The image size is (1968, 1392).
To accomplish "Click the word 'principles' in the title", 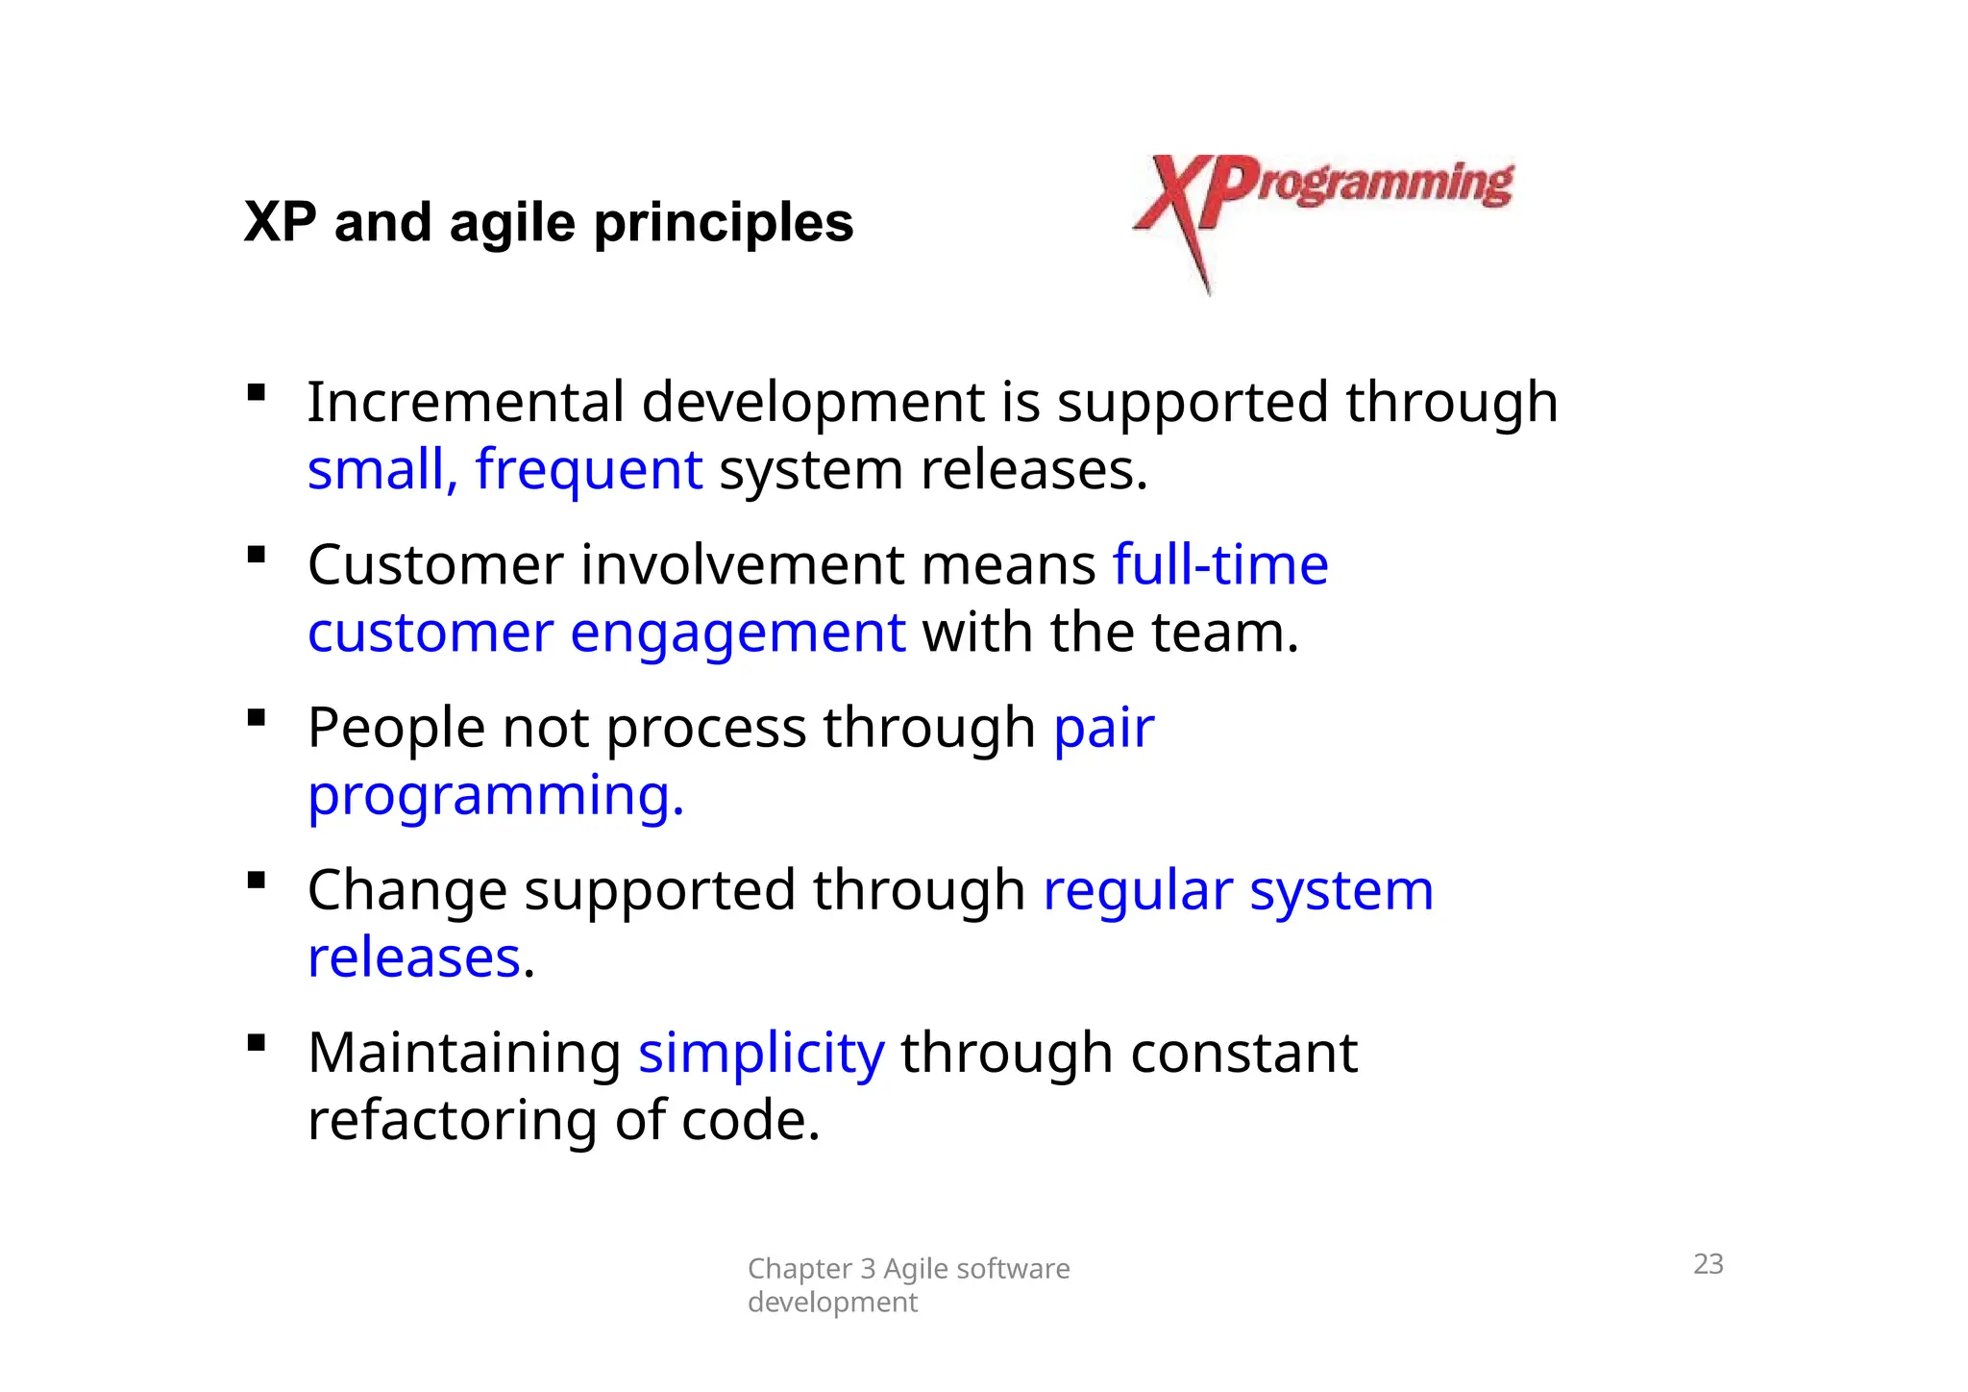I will pyautogui.click(x=723, y=223).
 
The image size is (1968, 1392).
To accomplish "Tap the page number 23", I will pyautogui.click(x=1708, y=1263).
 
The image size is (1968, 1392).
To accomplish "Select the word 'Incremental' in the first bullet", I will pyautogui.click(x=465, y=402).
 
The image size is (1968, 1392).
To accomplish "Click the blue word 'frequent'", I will pyautogui.click(x=588, y=470).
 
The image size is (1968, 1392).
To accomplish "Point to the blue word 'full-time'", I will pyautogui.click(x=1219, y=564).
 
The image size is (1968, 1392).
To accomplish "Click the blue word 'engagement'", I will pyautogui.click(x=737, y=634).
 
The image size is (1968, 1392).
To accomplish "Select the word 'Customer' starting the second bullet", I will pyautogui.click(x=435, y=564).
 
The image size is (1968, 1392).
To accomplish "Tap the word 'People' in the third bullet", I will pyautogui.click(x=396, y=728).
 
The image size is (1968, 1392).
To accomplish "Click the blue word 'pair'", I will pyautogui.click(x=1103, y=728).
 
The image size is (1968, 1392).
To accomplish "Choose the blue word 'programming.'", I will pyautogui.click(x=496, y=796).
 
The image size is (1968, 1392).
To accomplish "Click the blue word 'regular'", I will pyautogui.click(x=1137, y=890).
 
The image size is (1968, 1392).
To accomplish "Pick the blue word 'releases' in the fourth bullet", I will pyautogui.click(x=414, y=958).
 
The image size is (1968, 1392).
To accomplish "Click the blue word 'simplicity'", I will pyautogui.click(x=761, y=1053).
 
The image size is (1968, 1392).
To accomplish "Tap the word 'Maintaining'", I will pyautogui.click(x=464, y=1053).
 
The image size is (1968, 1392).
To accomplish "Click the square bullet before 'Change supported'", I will pyautogui.click(x=256, y=881).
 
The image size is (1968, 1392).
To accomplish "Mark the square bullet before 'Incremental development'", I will pyautogui.click(x=256, y=392).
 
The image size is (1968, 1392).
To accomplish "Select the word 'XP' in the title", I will pyautogui.click(x=280, y=223).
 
